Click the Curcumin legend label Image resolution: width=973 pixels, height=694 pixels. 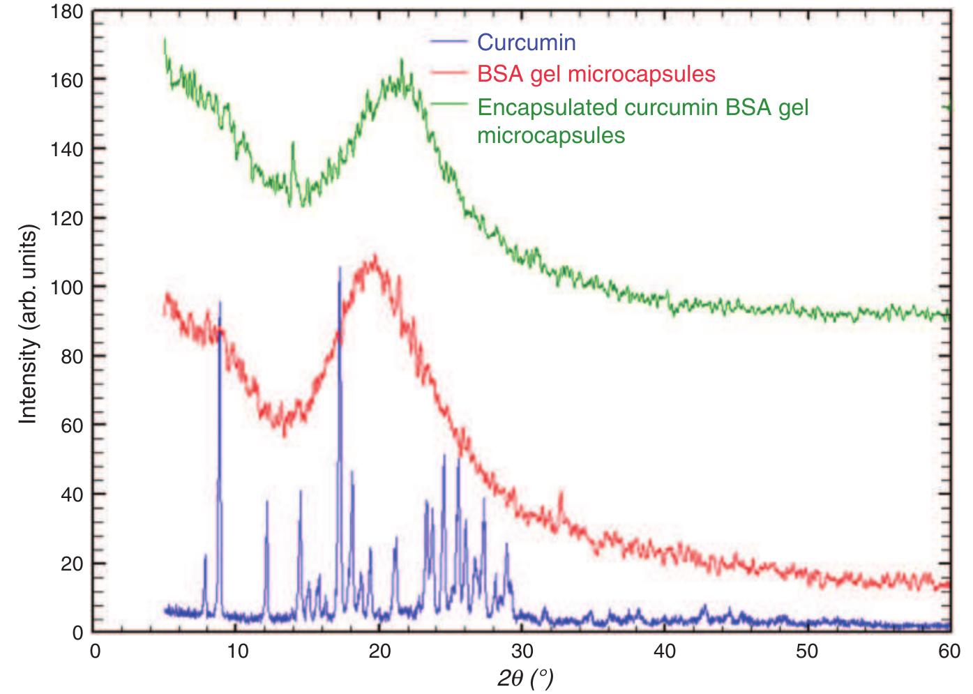[x=526, y=43]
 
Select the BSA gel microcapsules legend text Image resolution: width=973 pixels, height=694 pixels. [x=596, y=74]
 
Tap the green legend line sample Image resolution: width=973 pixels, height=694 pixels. [x=448, y=104]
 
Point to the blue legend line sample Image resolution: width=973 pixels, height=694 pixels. [x=448, y=42]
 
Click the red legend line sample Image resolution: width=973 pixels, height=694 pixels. [x=448, y=73]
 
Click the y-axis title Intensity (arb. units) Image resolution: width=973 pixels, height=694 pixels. [x=27, y=324]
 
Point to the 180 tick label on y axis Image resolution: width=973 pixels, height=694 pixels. [x=67, y=12]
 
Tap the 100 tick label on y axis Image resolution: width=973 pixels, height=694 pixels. [x=67, y=287]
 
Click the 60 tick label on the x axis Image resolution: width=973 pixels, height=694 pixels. [x=949, y=651]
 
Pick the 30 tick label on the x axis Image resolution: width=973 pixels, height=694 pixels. [x=522, y=651]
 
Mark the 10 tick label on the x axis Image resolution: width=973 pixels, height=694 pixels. [x=237, y=651]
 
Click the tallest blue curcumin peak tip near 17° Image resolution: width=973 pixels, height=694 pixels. [x=340, y=267]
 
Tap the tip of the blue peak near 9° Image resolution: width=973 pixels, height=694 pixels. [x=220, y=302]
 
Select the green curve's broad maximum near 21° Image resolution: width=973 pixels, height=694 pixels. [x=402, y=61]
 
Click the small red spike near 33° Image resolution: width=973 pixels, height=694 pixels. [x=561, y=493]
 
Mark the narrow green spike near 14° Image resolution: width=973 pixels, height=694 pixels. [x=293, y=143]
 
